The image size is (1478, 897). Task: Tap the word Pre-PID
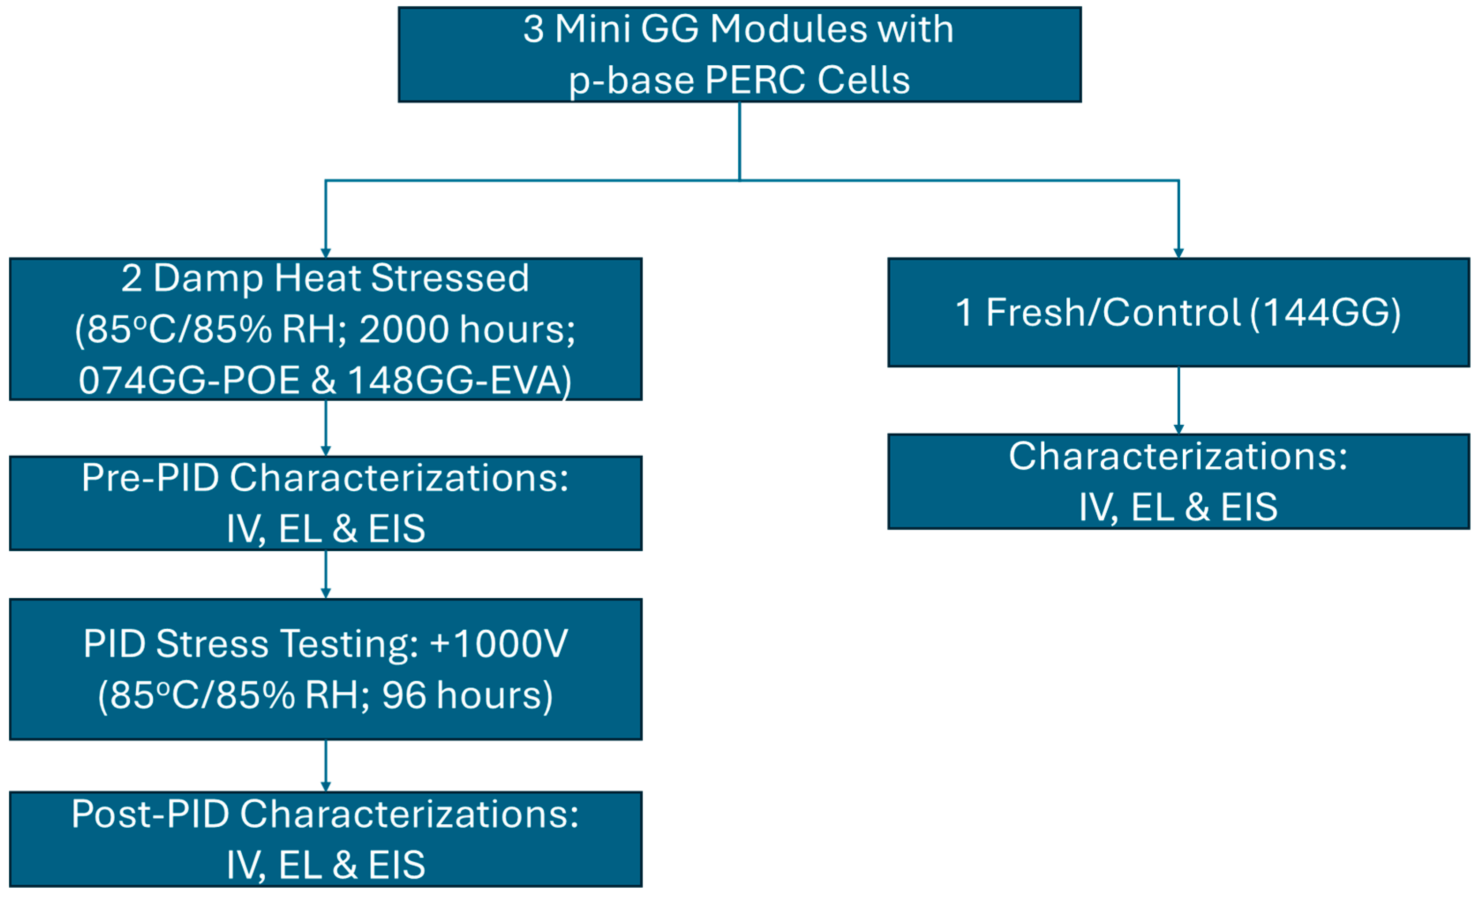point(150,478)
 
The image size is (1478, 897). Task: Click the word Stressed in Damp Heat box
point(450,278)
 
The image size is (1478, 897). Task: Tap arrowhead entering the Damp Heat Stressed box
point(326,253)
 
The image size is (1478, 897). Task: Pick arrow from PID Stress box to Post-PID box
point(326,766)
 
